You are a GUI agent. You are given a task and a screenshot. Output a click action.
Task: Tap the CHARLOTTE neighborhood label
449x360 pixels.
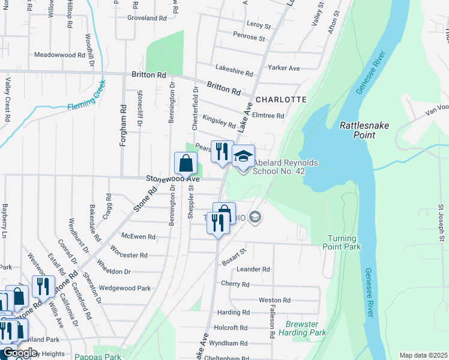coord(280,99)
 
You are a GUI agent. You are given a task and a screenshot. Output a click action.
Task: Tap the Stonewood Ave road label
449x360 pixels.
coord(173,179)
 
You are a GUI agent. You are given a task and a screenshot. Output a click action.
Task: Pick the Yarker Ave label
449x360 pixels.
coord(284,68)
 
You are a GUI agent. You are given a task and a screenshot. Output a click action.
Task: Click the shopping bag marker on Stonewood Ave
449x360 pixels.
coord(186,163)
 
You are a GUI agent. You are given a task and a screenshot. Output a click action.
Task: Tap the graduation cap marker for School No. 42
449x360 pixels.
coord(243,157)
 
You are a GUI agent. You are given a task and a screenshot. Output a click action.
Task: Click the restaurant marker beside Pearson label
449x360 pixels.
coord(222,152)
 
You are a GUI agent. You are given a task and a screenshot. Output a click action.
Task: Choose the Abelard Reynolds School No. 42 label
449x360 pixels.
coord(285,167)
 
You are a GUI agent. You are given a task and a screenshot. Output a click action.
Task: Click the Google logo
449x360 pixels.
coord(20,353)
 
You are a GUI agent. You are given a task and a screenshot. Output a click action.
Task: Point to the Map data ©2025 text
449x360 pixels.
coord(423,355)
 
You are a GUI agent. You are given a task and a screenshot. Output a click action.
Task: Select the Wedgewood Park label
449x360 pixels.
coord(125,288)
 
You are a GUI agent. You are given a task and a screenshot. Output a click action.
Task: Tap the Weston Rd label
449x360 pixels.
coord(274,299)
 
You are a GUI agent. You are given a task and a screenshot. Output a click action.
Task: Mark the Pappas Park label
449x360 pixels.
coord(98,356)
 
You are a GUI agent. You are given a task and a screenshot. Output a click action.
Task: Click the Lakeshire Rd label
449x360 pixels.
coord(233,72)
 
